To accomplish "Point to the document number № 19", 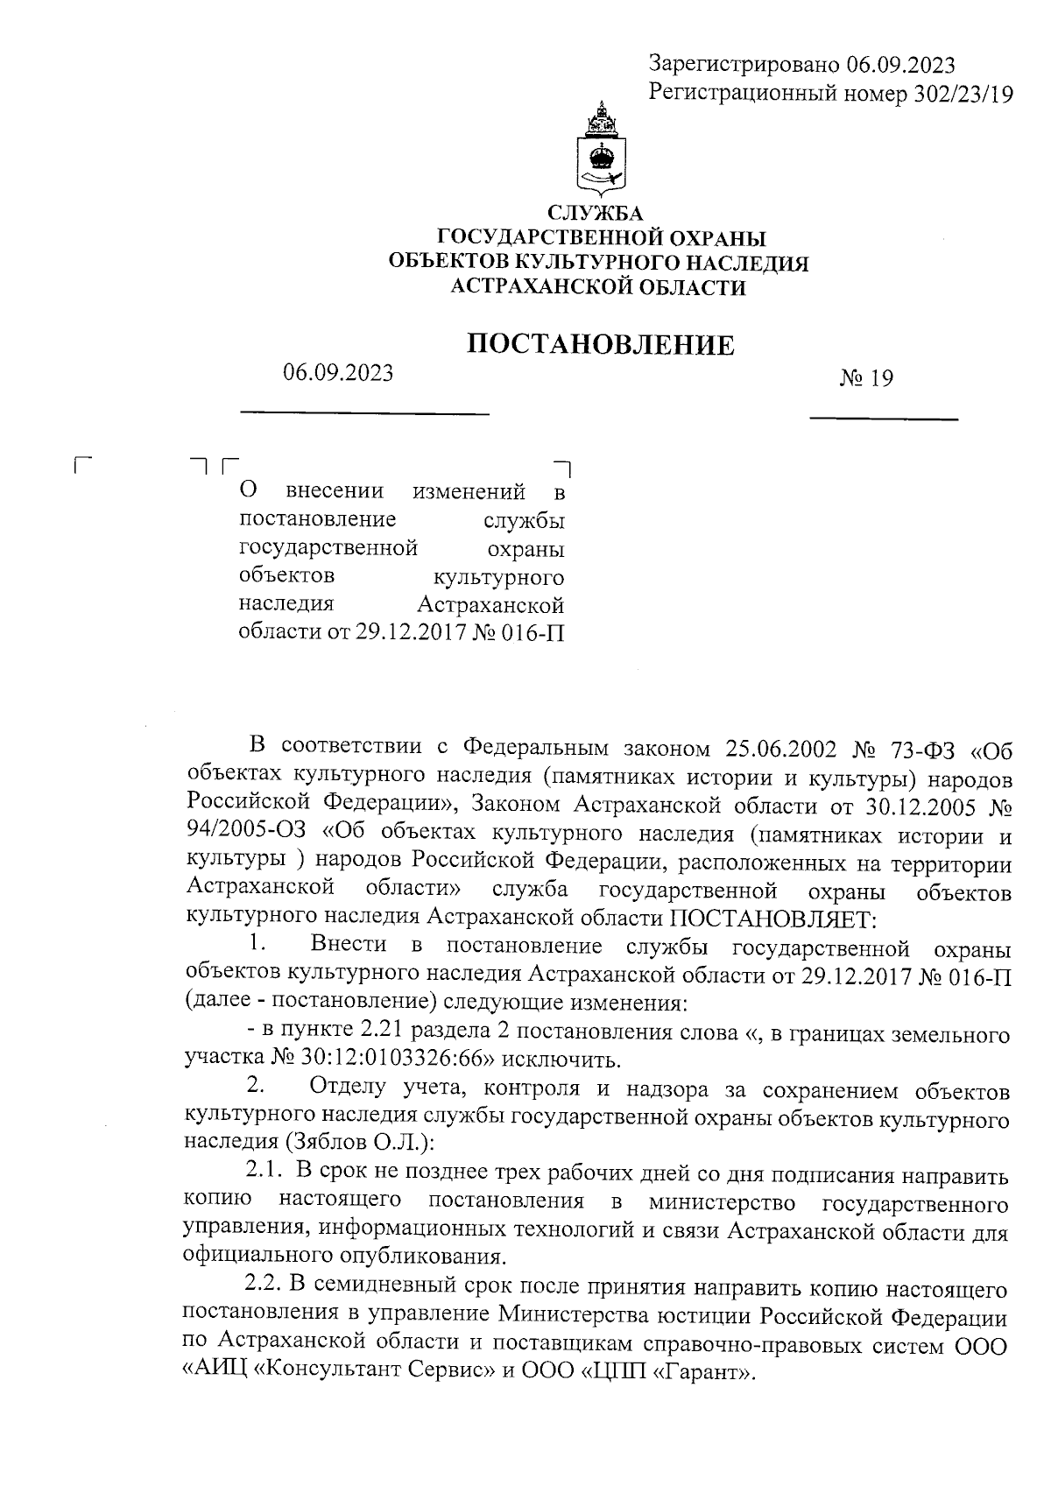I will (x=866, y=379).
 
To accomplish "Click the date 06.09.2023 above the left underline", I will (x=338, y=372).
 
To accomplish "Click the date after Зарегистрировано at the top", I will (x=900, y=64).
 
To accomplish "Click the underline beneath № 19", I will (x=883, y=419).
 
